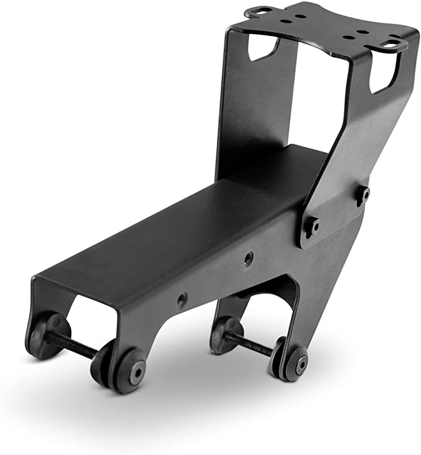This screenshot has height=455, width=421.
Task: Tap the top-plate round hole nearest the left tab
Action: click(286, 22)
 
